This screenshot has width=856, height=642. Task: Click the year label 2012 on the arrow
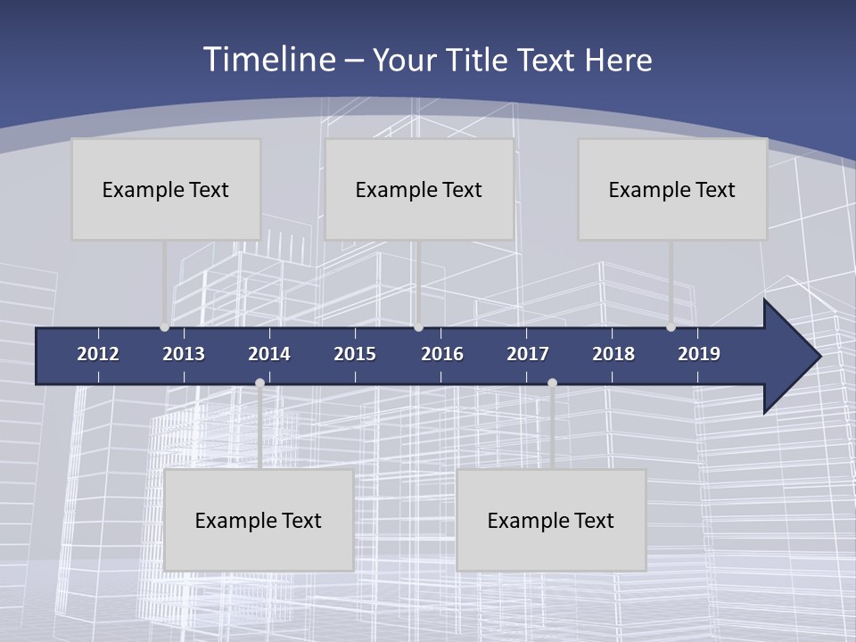click(98, 354)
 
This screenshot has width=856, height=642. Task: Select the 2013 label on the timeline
click(184, 354)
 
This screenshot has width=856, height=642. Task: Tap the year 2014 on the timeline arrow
click(269, 354)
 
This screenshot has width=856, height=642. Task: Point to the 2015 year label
click(355, 354)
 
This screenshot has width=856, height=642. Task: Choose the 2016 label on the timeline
click(442, 354)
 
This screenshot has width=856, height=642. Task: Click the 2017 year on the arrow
click(528, 354)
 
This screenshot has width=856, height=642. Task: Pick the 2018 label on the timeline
click(613, 354)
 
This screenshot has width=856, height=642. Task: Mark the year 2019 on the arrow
click(699, 354)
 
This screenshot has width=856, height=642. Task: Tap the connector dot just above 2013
click(164, 327)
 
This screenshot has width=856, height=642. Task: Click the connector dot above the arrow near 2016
click(418, 327)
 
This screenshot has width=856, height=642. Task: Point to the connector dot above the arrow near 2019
click(671, 327)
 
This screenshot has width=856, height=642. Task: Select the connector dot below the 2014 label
click(259, 383)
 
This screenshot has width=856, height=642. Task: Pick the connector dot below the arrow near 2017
click(552, 383)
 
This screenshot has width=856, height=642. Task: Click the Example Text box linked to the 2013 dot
click(166, 189)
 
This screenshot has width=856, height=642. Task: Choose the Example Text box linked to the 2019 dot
click(672, 189)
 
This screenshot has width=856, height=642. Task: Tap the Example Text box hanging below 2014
click(259, 520)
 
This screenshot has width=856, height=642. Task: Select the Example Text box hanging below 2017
click(551, 520)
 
